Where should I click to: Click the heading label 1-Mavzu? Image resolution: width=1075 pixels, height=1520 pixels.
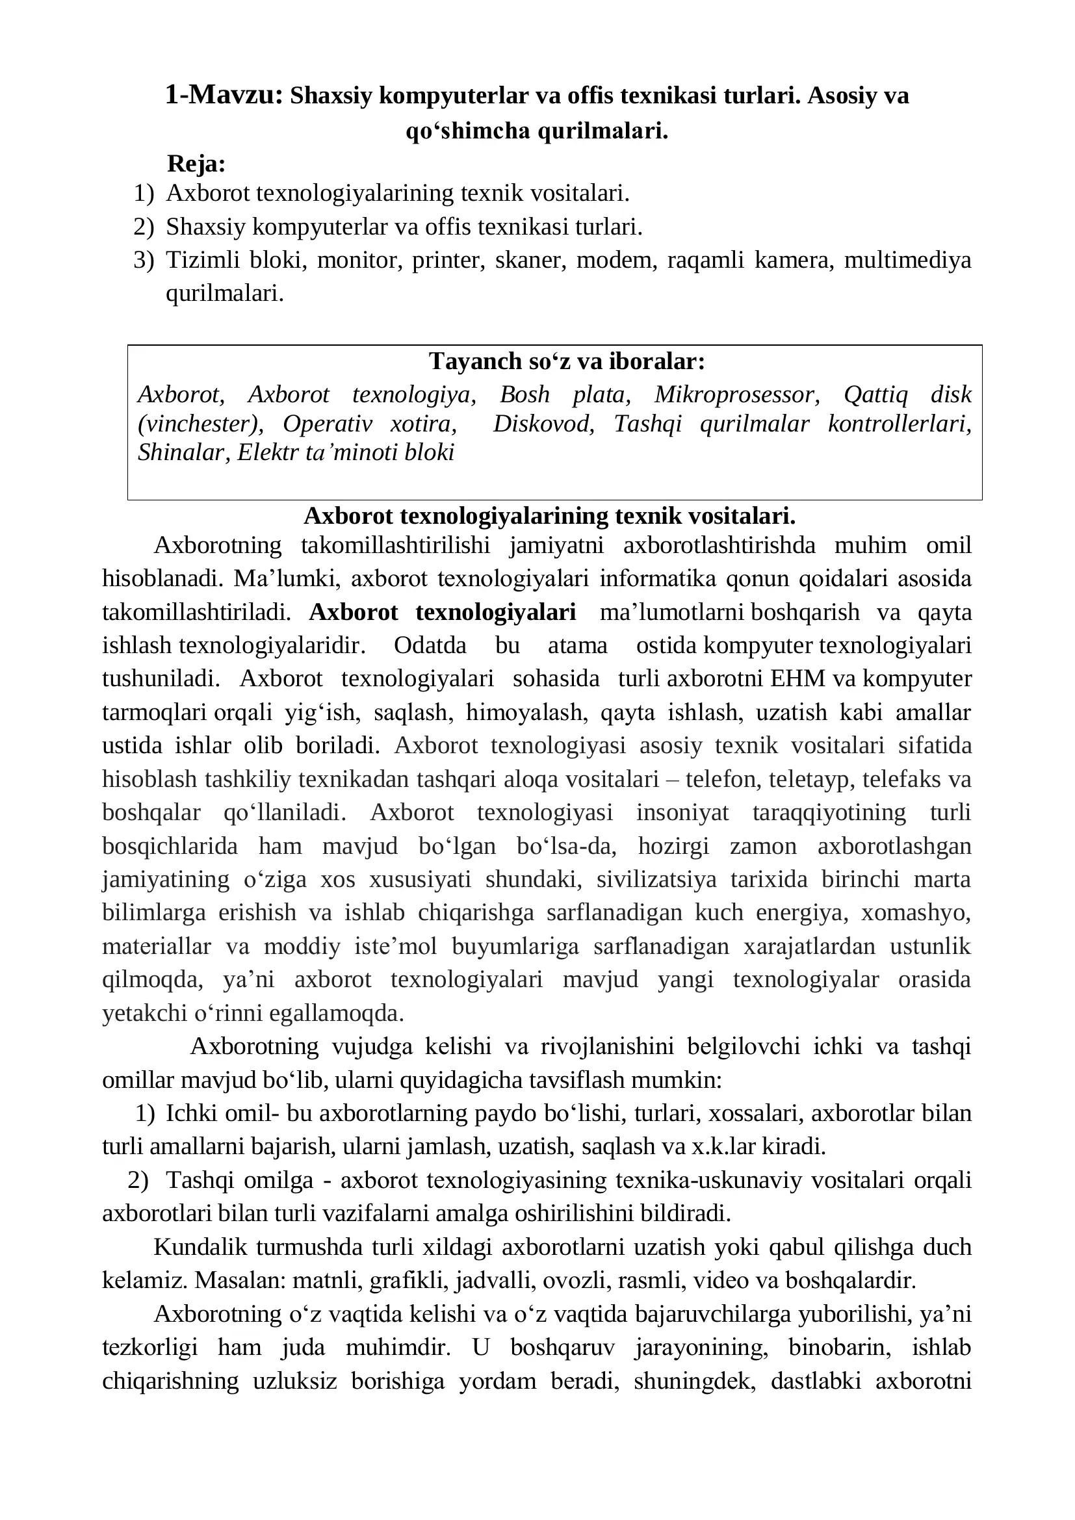(224, 96)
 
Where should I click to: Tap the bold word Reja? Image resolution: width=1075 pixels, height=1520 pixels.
(196, 163)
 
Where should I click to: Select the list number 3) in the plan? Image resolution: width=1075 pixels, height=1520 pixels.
(144, 259)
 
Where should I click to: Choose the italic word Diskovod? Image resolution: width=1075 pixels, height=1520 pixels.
(543, 424)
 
